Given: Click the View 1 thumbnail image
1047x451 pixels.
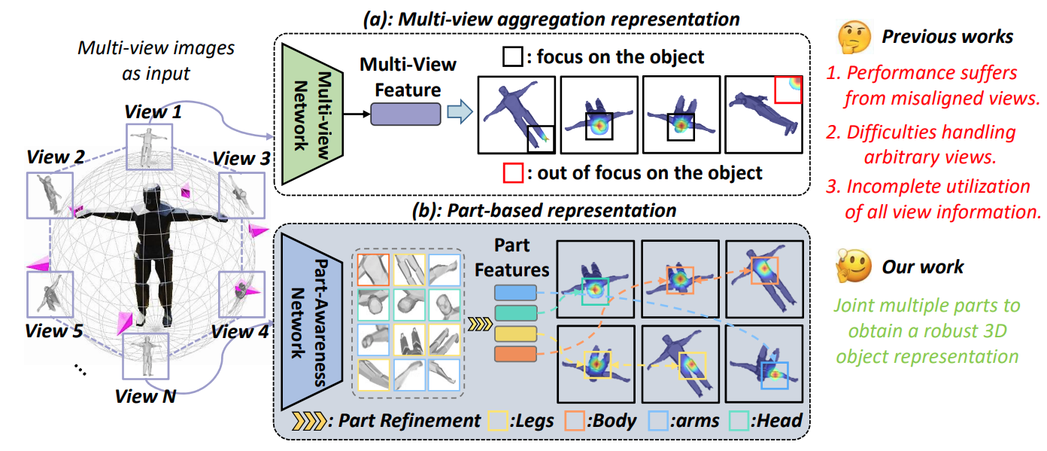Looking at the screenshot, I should [x=148, y=146].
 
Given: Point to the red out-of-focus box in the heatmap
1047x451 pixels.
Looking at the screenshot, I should [x=788, y=88].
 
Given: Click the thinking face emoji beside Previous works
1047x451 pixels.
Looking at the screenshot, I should [x=853, y=36].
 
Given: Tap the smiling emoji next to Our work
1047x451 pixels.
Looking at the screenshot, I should [x=853, y=266].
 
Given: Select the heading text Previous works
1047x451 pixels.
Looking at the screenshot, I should [x=947, y=36].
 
